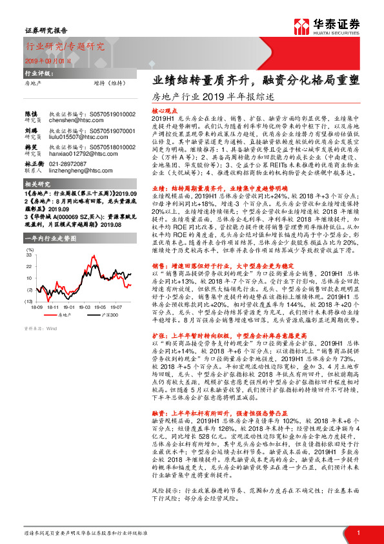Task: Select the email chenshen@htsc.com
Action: pos(68,120)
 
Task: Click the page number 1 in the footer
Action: pos(357,532)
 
